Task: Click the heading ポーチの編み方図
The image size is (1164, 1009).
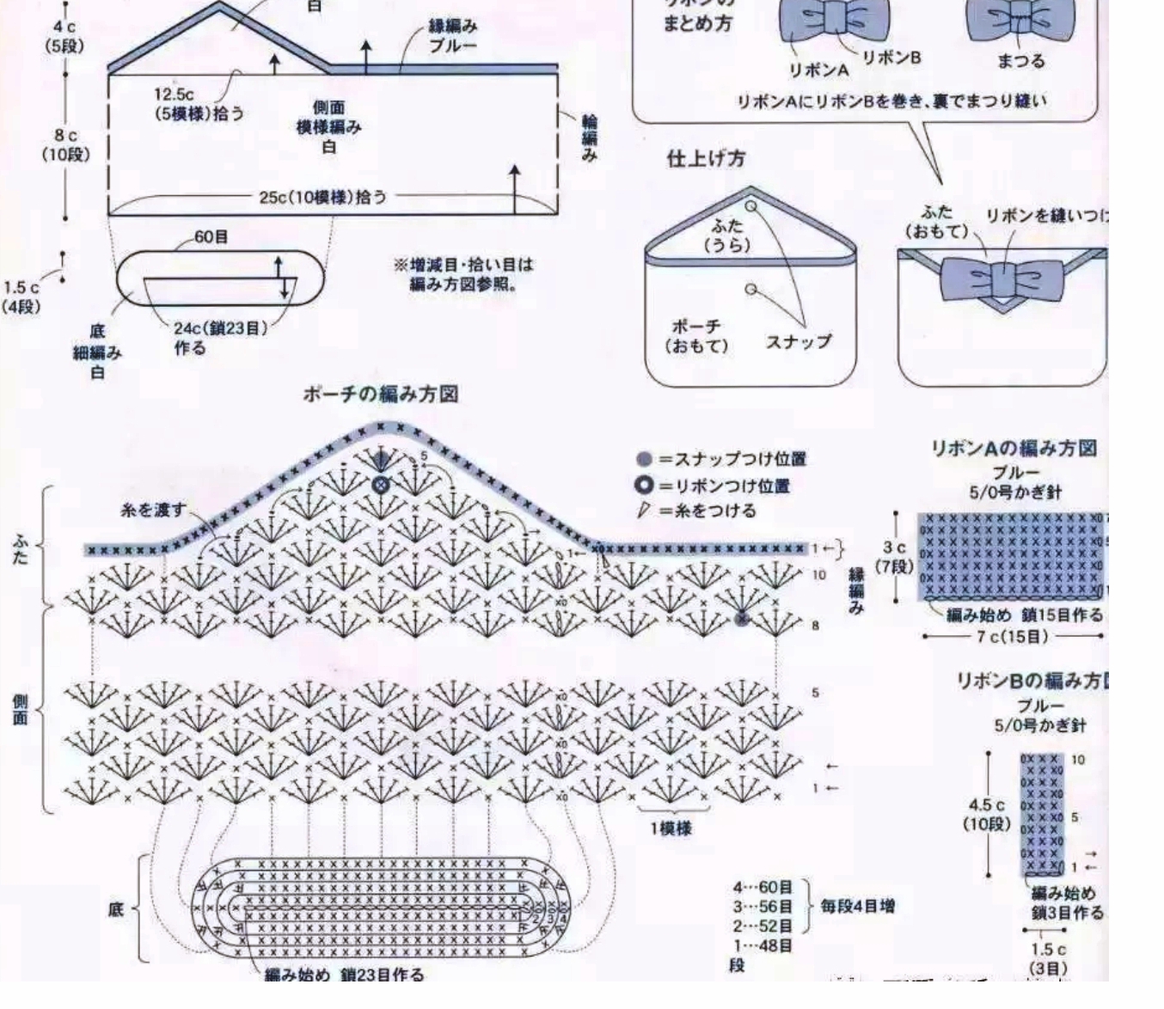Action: click(380, 394)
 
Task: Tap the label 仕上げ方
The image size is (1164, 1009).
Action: click(706, 159)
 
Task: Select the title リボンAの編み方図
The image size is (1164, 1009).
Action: click(1014, 448)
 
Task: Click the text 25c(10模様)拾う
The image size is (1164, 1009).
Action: click(323, 197)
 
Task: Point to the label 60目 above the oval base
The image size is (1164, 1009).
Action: click(211, 236)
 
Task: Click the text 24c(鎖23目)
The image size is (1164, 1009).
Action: click(221, 327)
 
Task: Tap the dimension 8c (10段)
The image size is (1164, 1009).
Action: click(65, 145)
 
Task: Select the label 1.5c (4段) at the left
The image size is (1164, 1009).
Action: click(21, 297)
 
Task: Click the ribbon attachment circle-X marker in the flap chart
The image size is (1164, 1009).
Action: click(377, 486)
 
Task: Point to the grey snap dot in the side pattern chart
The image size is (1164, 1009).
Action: click(743, 618)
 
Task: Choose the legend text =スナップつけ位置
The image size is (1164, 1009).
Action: click(732, 459)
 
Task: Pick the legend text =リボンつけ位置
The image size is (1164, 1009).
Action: click(724, 486)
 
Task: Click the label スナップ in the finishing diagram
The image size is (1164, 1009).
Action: click(799, 341)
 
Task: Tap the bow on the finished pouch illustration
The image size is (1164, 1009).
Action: click(1002, 278)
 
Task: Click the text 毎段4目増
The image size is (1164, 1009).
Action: click(857, 906)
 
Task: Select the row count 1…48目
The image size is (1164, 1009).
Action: click(762, 945)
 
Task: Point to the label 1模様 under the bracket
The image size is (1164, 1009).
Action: click(671, 829)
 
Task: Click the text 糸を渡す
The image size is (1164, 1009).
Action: click(153, 510)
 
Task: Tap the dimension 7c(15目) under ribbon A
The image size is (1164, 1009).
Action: click(1012, 637)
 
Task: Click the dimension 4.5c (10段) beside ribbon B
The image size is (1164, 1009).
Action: click(986, 814)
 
